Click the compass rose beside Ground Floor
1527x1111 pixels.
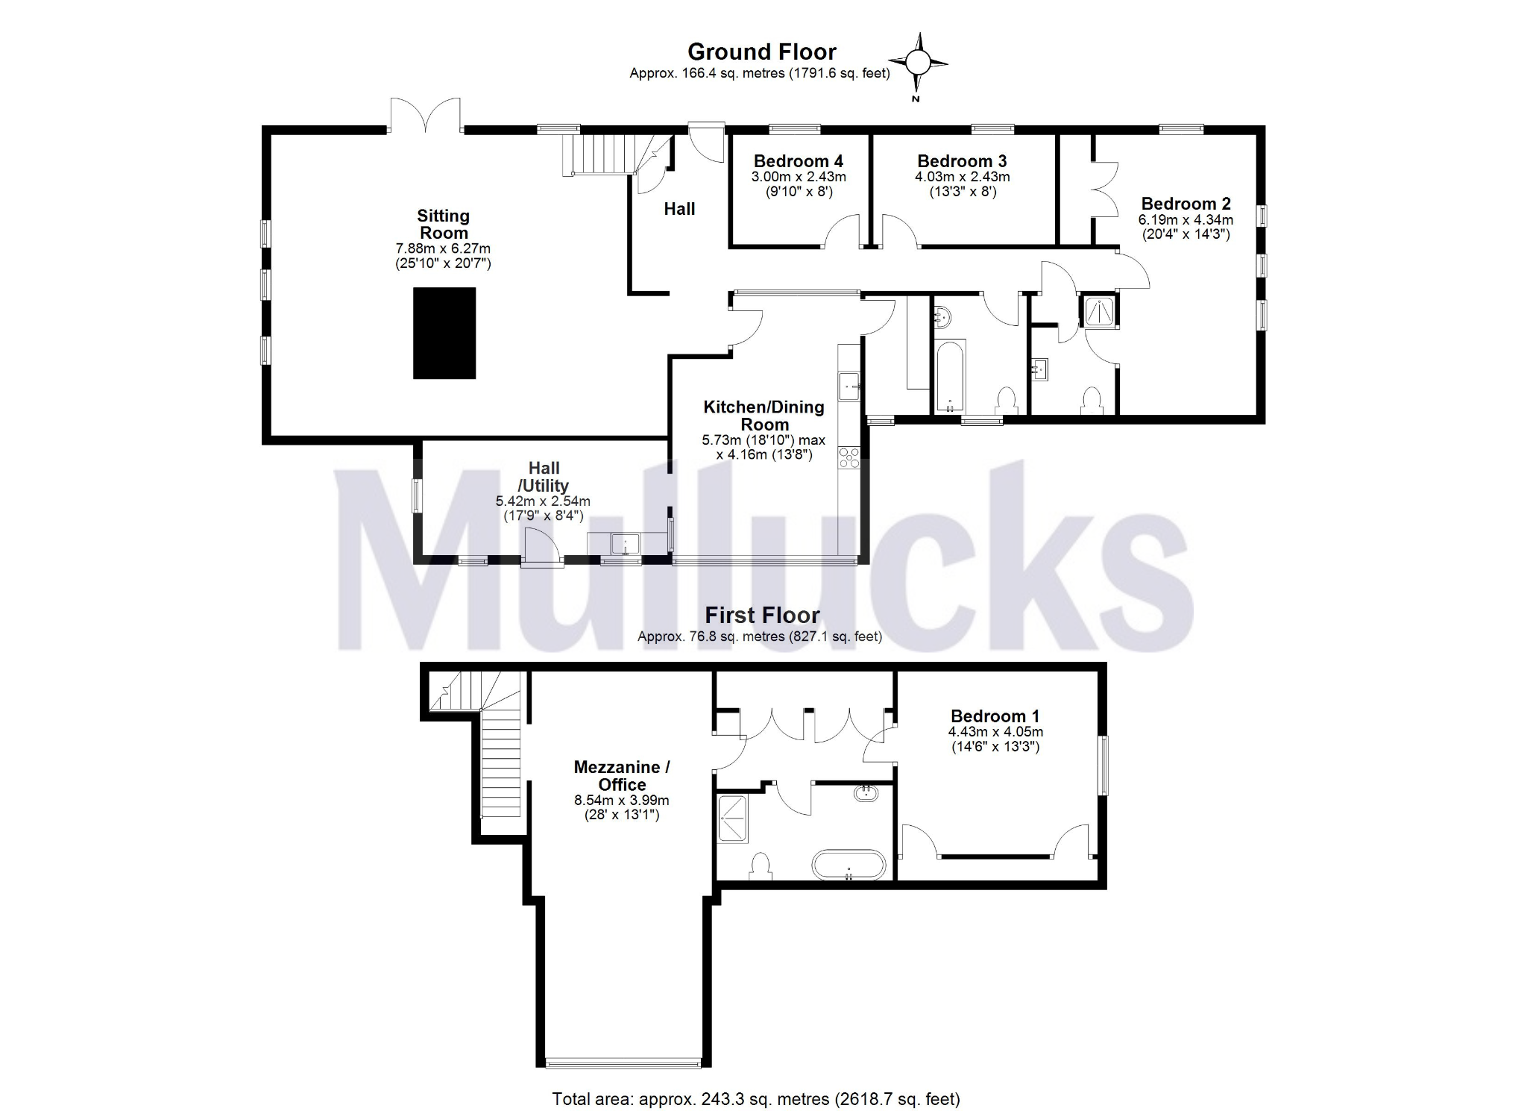coord(918,63)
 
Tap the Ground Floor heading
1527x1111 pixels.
coord(761,51)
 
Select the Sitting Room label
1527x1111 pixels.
coord(443,224)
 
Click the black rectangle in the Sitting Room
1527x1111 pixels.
coord(444,333)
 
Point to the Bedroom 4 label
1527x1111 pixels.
coord(798,160)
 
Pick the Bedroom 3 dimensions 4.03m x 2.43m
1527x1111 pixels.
coord(962,177)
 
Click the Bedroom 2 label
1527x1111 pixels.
coord(1186,204)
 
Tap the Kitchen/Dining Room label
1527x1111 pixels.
coord(763,416)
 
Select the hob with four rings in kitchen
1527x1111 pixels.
coord(849,457)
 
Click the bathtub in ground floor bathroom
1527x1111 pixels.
coord(950,377)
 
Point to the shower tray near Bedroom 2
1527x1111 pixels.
coord(1101,311)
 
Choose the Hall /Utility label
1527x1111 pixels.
coord(544,477)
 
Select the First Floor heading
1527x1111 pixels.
coord(762,615)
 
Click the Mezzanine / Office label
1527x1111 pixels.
coord(622,775)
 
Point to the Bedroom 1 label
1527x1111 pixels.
coord(995,716)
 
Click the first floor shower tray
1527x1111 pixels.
coord(732,819)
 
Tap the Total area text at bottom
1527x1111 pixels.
coord(755,1098)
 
